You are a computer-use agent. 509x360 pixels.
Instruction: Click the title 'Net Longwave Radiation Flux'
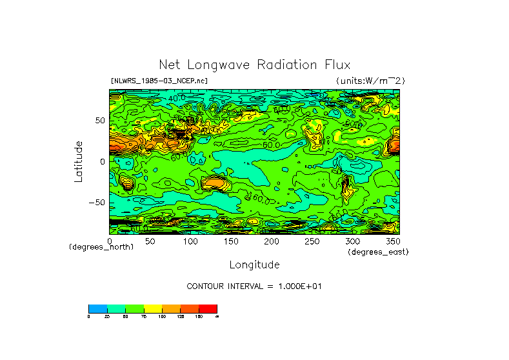point(254,65)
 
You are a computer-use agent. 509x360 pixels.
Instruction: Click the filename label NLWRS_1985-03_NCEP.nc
point(159,81)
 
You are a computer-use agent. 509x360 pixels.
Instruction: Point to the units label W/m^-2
point(370,81)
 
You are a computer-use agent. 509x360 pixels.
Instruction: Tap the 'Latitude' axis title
point(78,161)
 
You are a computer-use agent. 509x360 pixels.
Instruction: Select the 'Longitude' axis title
point(254,265)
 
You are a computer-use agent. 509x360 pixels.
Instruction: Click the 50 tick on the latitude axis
point(100,121)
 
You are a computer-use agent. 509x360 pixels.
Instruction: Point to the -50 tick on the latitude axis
point(97,202)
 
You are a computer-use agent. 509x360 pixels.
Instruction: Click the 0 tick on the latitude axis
point(103,161)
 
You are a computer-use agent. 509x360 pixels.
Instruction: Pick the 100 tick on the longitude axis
point(190,241)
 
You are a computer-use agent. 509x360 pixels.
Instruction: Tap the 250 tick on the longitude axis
point(312,241)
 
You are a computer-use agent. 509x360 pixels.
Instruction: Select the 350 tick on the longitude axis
point(392,241)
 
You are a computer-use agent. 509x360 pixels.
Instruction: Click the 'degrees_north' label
point(101,248)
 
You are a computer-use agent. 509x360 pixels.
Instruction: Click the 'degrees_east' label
point(378,252)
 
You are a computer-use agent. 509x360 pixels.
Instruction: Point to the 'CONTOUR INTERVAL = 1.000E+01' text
point(254,286)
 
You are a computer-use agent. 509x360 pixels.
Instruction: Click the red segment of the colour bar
point(208,308)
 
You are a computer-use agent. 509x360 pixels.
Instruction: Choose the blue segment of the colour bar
point(97,308)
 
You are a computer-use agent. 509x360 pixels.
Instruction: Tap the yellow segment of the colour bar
point(153,308)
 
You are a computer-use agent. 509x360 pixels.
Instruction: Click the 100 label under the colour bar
point(162,316)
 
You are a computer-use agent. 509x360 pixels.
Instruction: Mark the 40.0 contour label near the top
point(177,97)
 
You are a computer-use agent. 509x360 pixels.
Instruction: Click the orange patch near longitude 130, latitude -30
point(214,184)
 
